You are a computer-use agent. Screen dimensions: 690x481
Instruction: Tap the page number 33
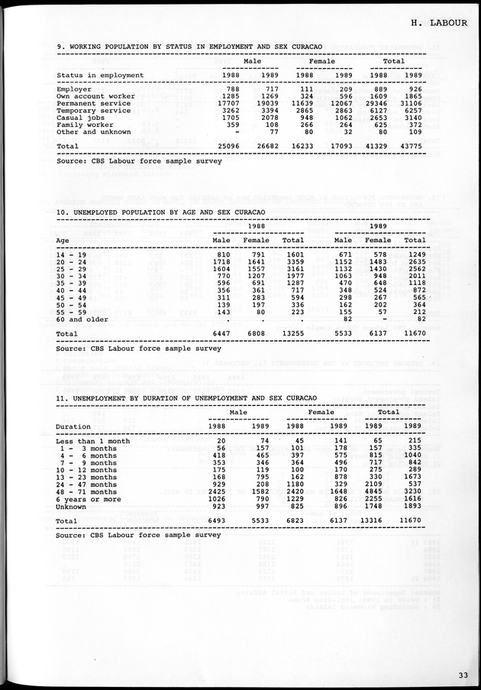click(x=463, y=674)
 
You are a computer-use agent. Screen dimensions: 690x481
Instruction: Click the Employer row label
click(x=74, y=89)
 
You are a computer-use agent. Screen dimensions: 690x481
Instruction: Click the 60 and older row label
click(x=82, y=319)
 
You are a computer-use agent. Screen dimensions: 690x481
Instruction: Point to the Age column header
click(x=63, y=240)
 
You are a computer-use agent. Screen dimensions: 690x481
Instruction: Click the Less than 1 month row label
click(x=93, y=441)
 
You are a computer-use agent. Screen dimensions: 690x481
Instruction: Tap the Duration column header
click(x=73, y=426)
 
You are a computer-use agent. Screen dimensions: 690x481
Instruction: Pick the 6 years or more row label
click(x=88, y=498)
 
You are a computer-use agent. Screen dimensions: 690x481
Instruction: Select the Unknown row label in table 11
click(x=71, y=505)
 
